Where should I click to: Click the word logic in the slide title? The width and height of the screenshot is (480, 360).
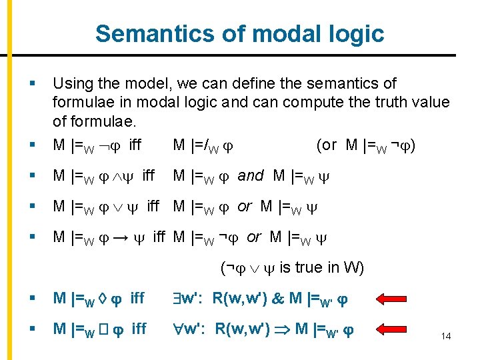click(357, 33)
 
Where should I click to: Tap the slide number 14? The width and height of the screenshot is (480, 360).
click(445, 336)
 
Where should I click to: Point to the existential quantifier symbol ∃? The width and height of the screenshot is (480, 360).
click(178, 298)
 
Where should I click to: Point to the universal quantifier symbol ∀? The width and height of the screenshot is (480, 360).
click(179, 329)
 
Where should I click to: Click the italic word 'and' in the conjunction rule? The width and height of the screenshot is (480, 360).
click(251, 176)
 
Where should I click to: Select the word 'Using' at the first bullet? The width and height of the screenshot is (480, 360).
click(71, 84)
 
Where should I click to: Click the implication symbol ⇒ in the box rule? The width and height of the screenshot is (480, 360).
click(283, 329)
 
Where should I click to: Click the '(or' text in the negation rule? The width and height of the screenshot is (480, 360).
click(327, 145)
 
